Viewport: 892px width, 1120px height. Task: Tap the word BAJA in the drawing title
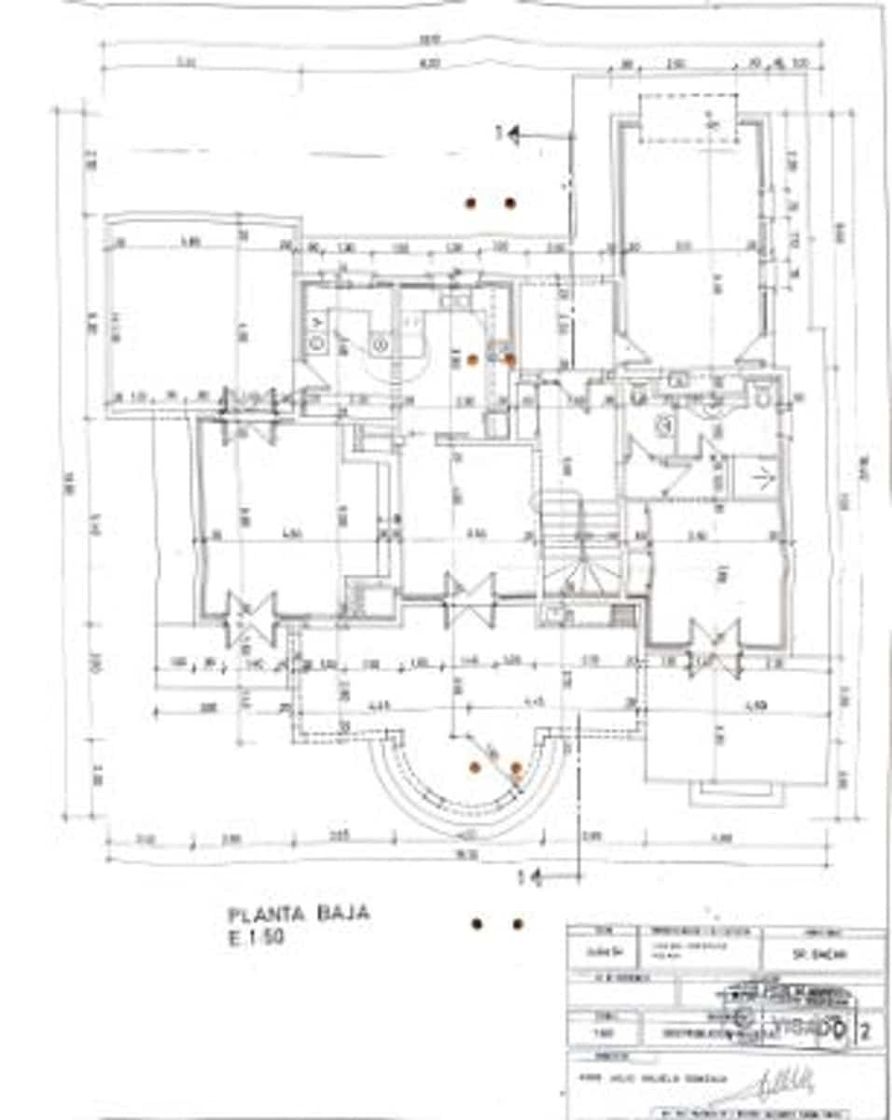pyautogui.click(x=341, y=913)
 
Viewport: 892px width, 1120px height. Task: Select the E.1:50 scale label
pyautogui.click(x=255, y=938)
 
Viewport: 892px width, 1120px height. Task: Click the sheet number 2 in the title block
pyautogui.click(x=868, y=1031)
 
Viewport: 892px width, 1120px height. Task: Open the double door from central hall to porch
pyautogui.click(x=469, y=599)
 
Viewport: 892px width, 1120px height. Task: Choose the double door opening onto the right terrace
pyautogui.click(x=716, y=647)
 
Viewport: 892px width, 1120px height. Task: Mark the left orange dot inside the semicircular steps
pyautogui.click(x=474, y=767)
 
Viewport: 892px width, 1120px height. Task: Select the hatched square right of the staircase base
pyautogui.click(x=621, y=615)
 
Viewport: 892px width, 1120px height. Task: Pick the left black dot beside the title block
pyautogui.click(x=477, y=924)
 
